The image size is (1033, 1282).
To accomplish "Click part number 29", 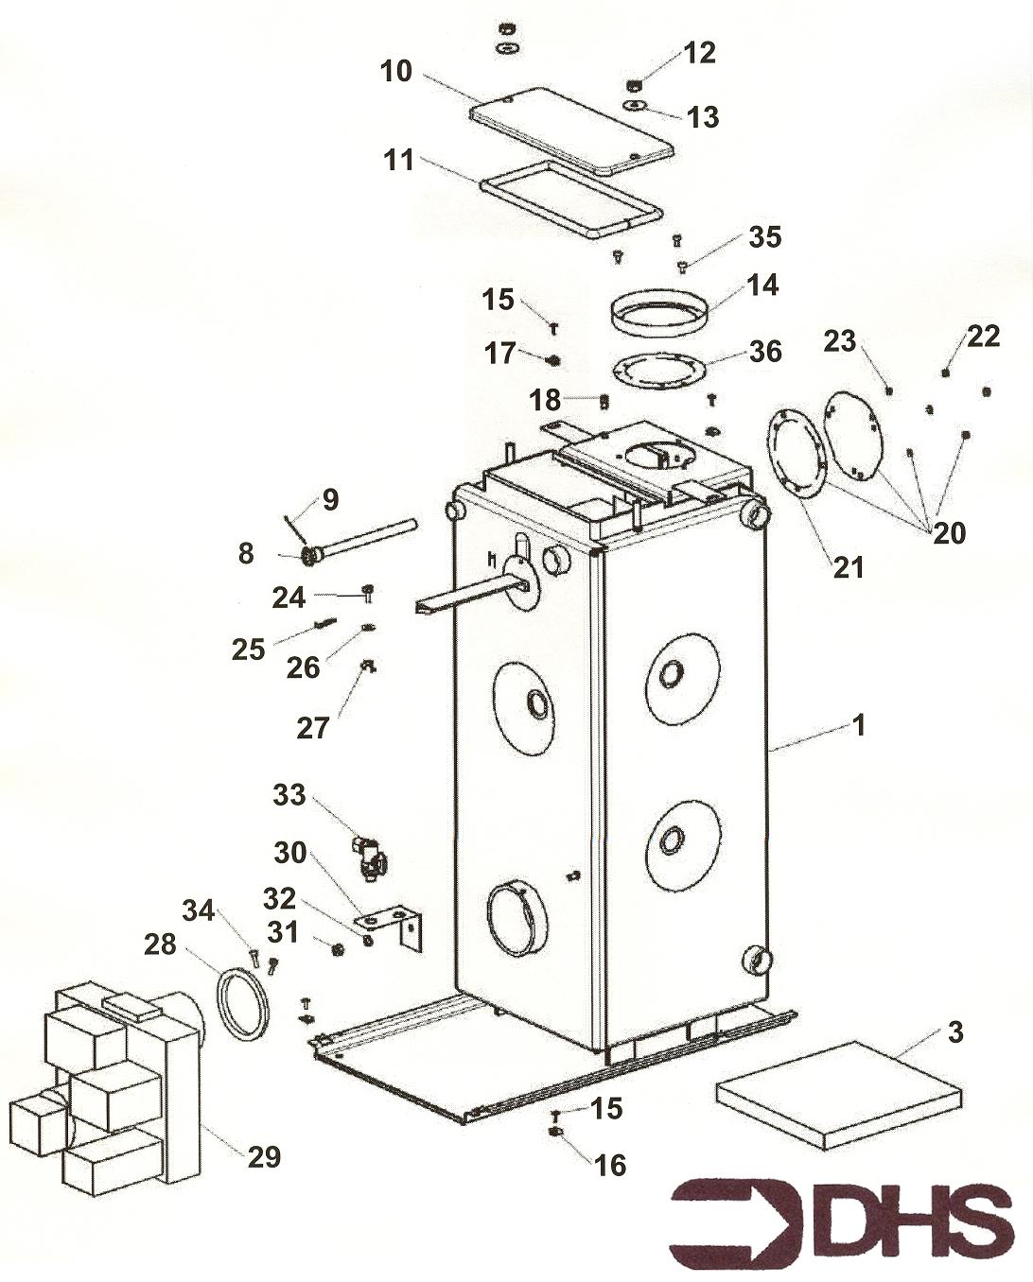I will coord(264,1155).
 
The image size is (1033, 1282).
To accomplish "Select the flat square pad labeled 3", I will coord(838,1094).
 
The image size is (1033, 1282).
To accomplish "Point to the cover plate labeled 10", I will coord(570,130).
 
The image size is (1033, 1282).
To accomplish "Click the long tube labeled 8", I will coord(365,539).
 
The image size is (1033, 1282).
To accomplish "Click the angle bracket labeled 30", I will coord(395,925).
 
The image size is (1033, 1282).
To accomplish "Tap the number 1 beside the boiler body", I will coord(859,725).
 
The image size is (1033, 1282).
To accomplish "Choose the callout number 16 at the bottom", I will coord(610,1165).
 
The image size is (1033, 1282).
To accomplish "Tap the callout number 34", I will coord(199,910).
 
